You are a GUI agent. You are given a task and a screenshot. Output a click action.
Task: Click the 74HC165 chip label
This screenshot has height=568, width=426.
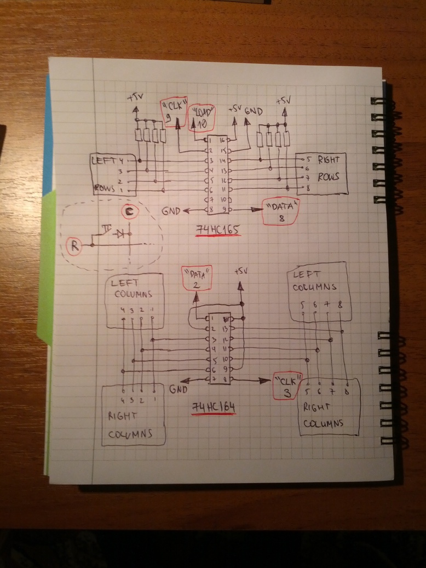[x=218, y=231]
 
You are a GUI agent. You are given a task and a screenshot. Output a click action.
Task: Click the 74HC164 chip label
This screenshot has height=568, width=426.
[x=214, y=408]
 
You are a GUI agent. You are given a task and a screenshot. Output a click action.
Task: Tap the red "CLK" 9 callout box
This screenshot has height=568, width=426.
[x=175, y=112]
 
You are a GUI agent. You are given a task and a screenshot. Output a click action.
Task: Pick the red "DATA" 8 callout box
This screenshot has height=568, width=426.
[x=281, y=211]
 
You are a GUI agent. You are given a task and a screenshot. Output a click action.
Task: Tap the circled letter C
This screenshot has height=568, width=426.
[x=129, y=211]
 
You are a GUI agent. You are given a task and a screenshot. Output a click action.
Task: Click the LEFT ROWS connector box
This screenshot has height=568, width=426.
[x=112, y=174]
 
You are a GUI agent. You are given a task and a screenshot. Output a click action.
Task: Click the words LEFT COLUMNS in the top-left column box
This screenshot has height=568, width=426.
[x=132, y=289]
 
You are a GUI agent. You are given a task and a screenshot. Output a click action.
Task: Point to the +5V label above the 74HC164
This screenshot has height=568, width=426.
[x=241, y=272]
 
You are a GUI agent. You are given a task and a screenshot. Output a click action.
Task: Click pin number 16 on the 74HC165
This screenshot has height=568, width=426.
[x=223, y=141]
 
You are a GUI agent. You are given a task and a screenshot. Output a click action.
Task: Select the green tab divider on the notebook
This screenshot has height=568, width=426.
[x=47, y=263]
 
